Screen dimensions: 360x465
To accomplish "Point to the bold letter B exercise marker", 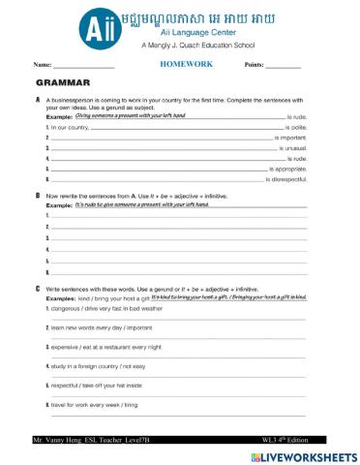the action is click(37, 195).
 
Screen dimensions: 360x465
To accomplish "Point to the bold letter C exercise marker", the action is click(37, 289).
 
